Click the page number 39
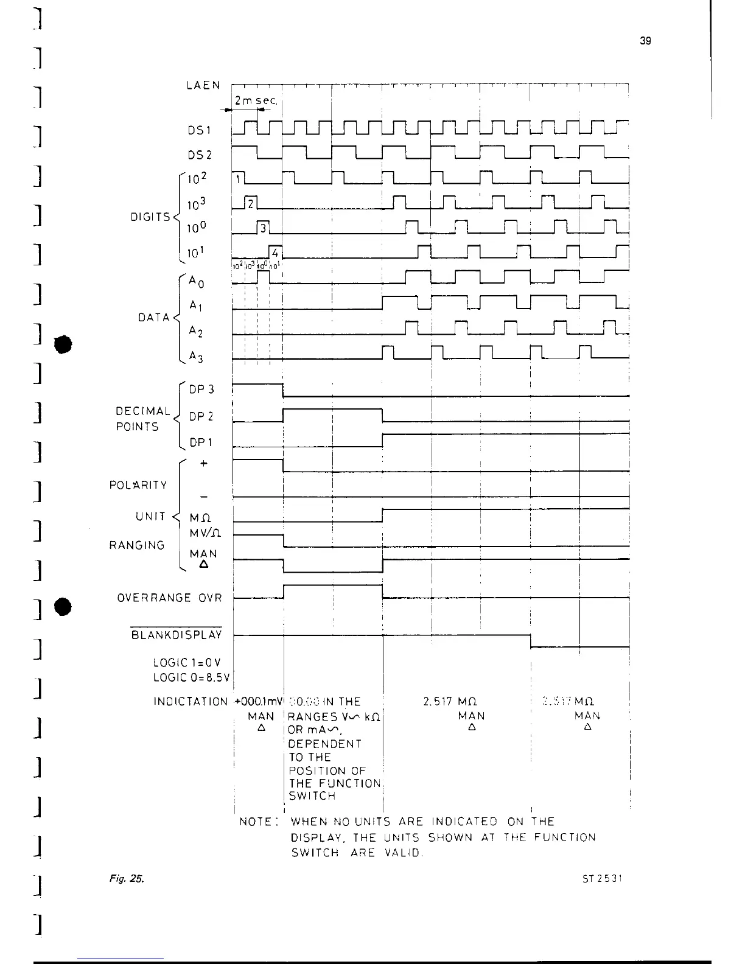click(x=646, y=41)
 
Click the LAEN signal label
click(x=203, y=85)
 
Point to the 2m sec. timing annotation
click(x=256, y=100)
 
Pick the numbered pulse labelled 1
click(x=239, y=178)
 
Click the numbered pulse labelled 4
click(x=276, y=252)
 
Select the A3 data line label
click(x=196, y=358)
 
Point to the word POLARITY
click(x=138, y=485)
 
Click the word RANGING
click(x=137, y=545)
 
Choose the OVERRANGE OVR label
click(x=170, y=598)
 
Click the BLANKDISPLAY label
click(x=177, y=635)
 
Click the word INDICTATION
click(x=191, y=702)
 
